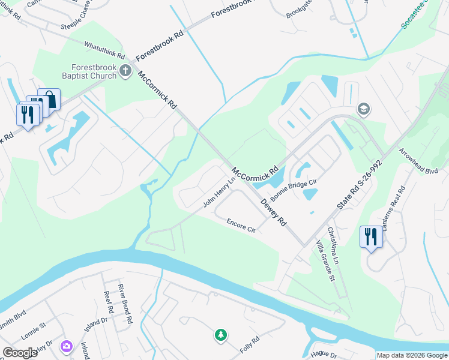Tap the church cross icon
pos(125,71)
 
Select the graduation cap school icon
pos(363,109)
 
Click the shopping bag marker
pos(49,99)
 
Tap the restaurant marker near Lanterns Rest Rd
pos(370,236)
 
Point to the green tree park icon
pos(221,335)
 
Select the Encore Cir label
pos(241,226)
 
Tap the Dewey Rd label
pos(273,212)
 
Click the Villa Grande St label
pos(325,262)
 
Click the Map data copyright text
pos(411,355)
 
